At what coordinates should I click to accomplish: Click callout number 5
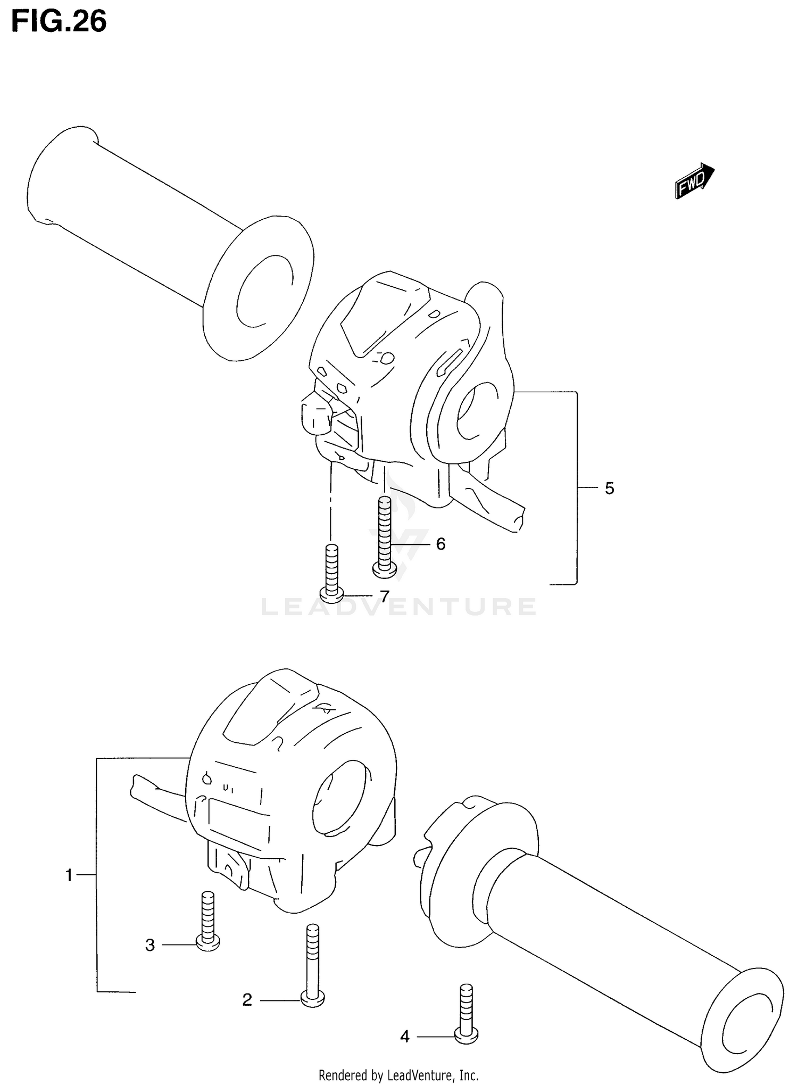[x=610, y=488]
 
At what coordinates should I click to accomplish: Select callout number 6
[x=440, y=544]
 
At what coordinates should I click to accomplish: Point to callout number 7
[x=384, y=596]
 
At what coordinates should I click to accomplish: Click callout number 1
[x=69, y=875]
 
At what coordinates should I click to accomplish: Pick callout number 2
[x=247, y=1000]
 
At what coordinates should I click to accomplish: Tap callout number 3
[x=150, y=945]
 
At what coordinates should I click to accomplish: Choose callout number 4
[x=405, y=1036]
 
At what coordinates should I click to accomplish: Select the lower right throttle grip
[x=612, y=931]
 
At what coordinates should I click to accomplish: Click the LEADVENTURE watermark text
[x=399, y=607]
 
